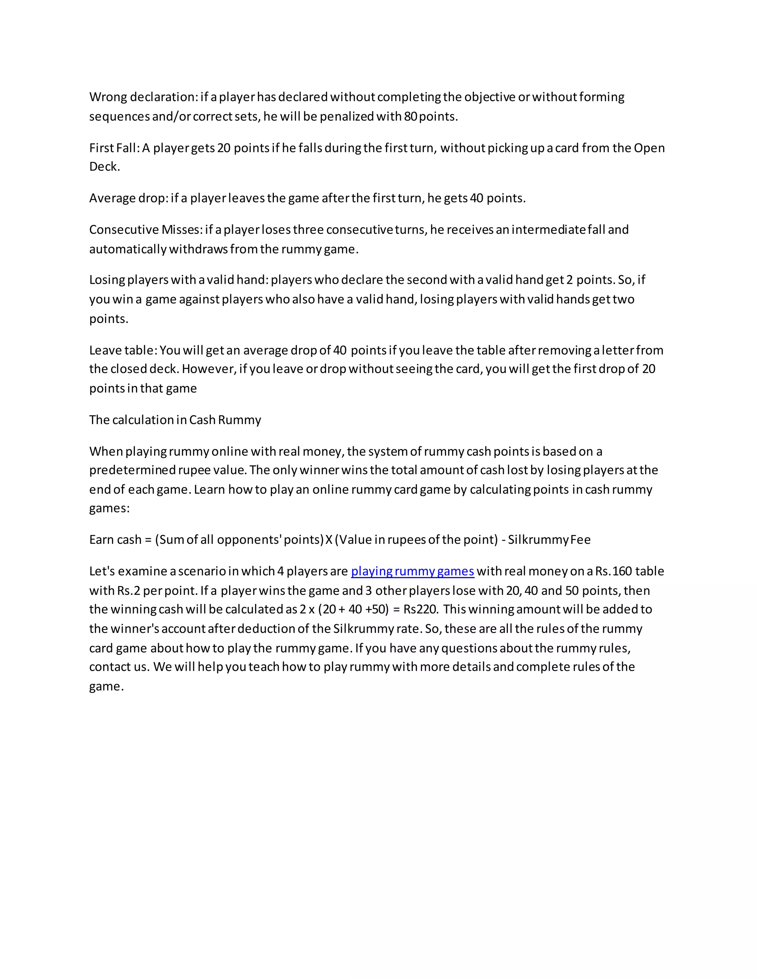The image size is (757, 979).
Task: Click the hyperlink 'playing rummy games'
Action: [412, 571]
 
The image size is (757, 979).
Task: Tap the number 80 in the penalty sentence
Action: [410, 116]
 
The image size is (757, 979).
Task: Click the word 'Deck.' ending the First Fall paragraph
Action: [105, 167]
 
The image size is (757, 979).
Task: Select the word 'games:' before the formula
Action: [109, 508]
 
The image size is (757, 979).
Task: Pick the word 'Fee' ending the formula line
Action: [580, 540]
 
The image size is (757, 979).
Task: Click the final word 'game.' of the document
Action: [106, 687]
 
